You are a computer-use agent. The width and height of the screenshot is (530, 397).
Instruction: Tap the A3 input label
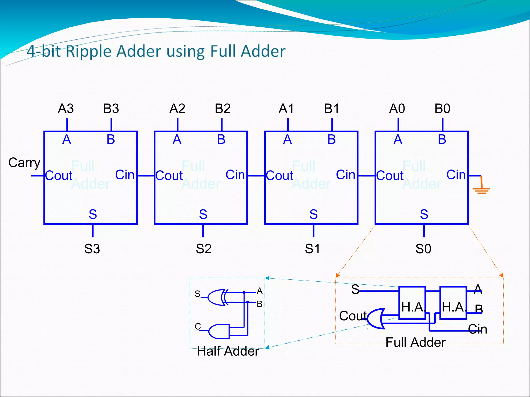click(x=66, y=109)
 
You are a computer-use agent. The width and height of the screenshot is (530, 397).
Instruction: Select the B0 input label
click(x=442, y=109)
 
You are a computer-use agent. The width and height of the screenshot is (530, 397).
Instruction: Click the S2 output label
click(x=204, y=249)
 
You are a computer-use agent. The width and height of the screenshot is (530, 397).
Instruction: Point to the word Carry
click(x=24, y=163)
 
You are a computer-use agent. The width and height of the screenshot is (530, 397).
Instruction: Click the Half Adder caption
click(x=228, y=351)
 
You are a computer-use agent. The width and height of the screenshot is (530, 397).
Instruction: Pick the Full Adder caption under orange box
click(x=415, y=342)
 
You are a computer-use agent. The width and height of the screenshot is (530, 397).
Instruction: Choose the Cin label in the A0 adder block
click(x=456, y=175)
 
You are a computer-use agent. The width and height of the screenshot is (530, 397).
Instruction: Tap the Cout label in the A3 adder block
click(x=59, y=176)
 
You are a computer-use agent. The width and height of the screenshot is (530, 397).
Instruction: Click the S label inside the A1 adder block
click(x=313, y=214)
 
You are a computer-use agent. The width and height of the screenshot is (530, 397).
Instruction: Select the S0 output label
click(x=423, y=249)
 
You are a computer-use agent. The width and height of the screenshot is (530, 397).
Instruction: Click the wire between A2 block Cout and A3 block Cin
click(x=146, y=176)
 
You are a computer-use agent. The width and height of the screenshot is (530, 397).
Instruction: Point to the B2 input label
click(x=223, y=109)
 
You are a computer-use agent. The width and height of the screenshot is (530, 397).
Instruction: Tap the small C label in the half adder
click(x=198, y=326)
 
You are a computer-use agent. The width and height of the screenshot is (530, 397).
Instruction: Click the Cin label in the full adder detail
click(x=478, y=329)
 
